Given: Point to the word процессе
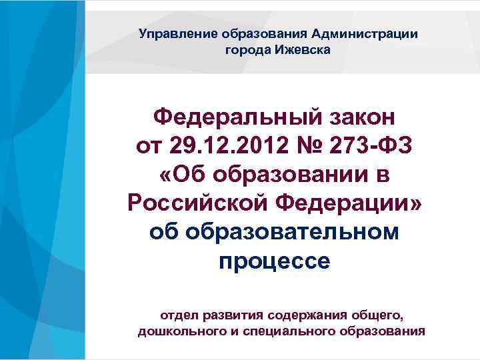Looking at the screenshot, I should click(x=273, y=261).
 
